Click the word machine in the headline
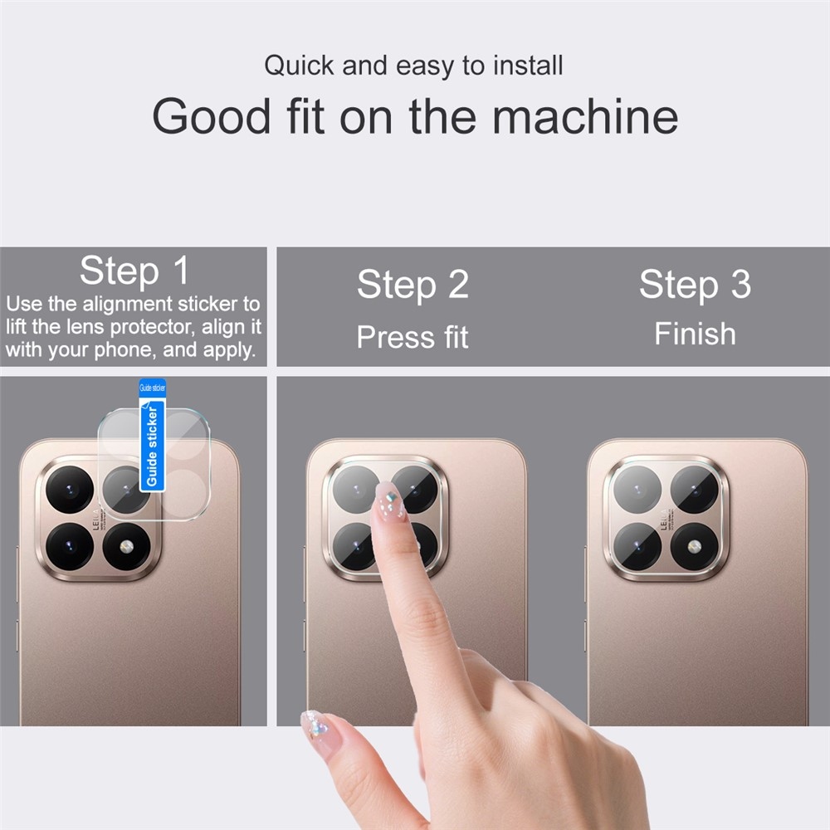click(585, 116)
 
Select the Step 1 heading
click(134, 271)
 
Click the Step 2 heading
click(413, 285)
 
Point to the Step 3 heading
click(695, 285)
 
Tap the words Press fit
click(413, 337)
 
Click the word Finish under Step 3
click(695, 334)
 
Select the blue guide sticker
click(153, 436)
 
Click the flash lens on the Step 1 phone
click(126, 545)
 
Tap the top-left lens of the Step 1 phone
click(69, 490)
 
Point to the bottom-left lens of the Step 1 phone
click(69, 545)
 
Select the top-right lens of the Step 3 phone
click(694, 489)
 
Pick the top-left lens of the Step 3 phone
click(637, 489)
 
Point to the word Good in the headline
click(212, 116)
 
